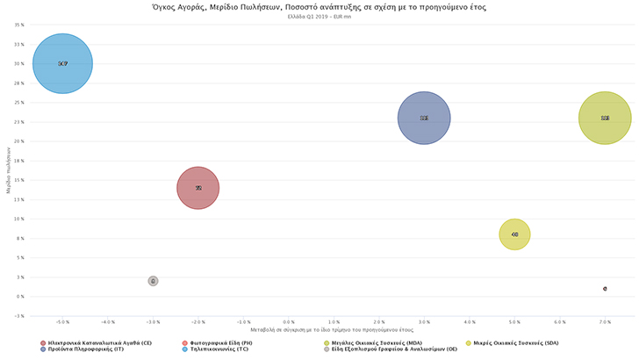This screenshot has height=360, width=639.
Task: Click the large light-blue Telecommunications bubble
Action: click(62, 63)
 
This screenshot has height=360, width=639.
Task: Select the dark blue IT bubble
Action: click(424, 118)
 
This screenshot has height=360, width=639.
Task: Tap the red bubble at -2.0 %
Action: click(198, 188)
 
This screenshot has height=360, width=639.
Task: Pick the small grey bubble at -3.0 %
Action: click(153, 281)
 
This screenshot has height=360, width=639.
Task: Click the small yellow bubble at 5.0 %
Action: click(514, 234)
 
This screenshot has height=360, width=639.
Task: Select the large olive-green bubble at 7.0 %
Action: click(605, 118)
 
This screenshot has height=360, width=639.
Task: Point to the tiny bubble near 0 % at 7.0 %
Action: click(605, 288)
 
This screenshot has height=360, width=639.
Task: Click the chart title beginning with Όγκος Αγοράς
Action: click(319, 7)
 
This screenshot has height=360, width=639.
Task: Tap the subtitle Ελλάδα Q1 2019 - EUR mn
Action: click(319, 17)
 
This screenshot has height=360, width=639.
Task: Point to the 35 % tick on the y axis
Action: click(18, 25)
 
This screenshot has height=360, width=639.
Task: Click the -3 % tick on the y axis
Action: click(18, 315)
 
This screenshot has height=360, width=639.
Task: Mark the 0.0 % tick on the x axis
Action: click(334, 322)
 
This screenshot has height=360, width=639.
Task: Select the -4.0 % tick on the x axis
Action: click(108, 322)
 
